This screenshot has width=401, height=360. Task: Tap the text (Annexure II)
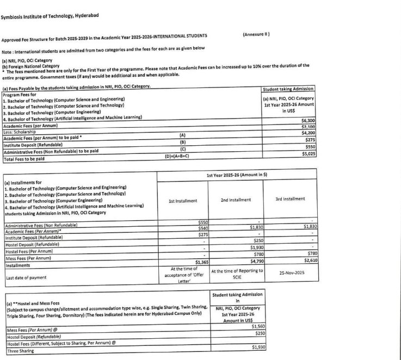tap(257, 35)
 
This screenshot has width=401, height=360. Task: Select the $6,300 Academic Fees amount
tap(308, 120)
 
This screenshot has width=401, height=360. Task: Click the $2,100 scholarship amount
tap(308, 126)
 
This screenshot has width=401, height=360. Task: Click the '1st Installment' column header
tap(183, 201)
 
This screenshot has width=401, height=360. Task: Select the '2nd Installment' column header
tap(236, 200)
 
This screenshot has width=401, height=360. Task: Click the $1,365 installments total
tap(202, 262)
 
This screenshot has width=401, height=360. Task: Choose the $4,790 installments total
tap(255, 262)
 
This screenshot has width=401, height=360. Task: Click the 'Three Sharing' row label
tap(20, 351)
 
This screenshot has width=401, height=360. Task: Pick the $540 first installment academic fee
tap(202, 227)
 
